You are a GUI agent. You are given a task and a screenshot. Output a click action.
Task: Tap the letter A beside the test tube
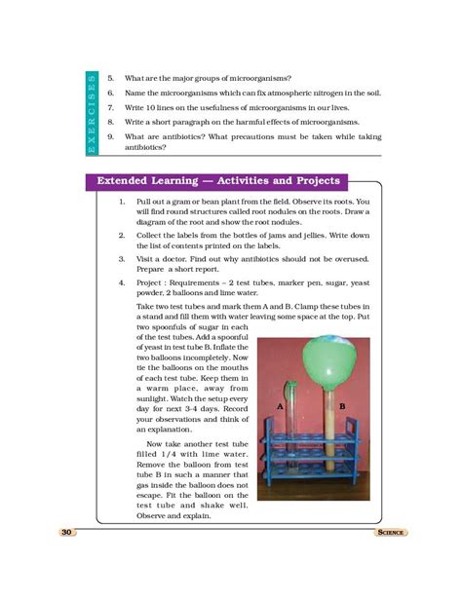[280, 403]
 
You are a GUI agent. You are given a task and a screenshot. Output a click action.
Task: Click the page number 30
[67, 533]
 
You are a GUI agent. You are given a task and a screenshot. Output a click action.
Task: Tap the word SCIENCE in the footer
[387, 533]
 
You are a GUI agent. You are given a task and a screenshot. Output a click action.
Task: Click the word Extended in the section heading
[127, 181]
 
